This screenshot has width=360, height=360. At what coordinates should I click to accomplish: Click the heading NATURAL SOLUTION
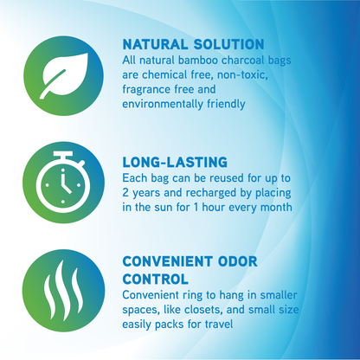pos(193,44)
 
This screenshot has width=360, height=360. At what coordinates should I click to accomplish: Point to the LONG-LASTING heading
pos(174,160)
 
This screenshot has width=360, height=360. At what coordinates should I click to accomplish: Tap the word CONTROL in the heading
pos(156,279)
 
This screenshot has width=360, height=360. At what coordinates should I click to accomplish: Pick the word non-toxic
pos(246,75)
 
